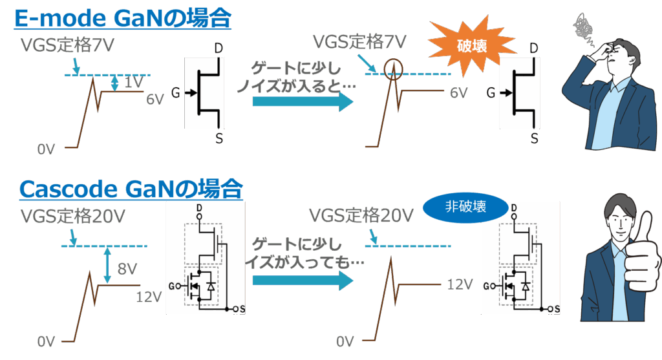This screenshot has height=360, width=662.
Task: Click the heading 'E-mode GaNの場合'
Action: coord(122,18)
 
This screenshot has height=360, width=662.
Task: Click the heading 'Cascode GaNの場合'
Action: coord(131,189)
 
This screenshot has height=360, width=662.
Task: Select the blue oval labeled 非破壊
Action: coord(465,207)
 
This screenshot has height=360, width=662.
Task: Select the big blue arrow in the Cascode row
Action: coord(303,279)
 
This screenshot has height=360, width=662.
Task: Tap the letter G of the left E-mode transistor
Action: coord(175,93)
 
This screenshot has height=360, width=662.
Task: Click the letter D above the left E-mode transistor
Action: coord(220,48)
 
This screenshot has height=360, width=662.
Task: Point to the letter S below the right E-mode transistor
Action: coord(535,138)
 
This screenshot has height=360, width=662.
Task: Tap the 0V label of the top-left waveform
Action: coord(47,150)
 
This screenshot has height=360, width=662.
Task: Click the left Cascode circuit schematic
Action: coord(205,258)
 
